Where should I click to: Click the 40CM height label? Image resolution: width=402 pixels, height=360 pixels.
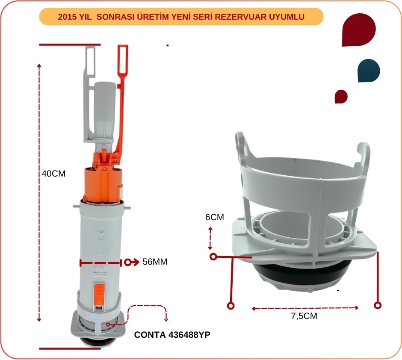pos(53,174)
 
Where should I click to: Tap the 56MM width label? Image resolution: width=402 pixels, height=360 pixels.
pos(155,262)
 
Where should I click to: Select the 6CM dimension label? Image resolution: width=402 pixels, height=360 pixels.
pos(215,217)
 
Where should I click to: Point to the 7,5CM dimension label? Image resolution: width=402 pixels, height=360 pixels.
pos(304,316)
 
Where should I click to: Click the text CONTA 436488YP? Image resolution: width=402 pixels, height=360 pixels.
pos(172,335)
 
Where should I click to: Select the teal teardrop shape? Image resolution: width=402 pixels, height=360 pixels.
pos(369,71)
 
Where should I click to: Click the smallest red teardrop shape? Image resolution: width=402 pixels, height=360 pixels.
pos(341,97)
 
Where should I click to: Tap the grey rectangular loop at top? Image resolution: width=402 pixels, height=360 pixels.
pos(90,61)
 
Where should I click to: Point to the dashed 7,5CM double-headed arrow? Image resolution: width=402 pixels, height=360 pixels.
pos(305,308)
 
